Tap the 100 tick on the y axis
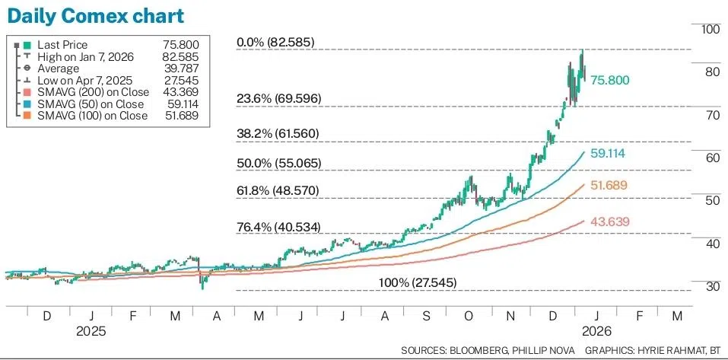point(711,29)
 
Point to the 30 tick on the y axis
point(711,286)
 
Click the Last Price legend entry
point(62,46)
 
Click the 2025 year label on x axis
point(91,332)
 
